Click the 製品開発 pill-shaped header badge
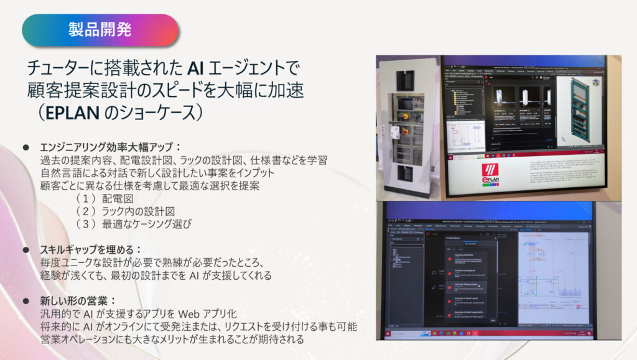100,29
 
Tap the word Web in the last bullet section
195,314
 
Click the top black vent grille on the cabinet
406,80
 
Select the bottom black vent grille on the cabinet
406,173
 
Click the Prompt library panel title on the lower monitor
460,238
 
